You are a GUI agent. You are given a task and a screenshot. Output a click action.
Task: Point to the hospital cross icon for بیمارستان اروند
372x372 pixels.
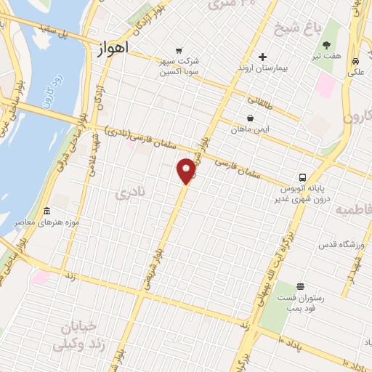262,57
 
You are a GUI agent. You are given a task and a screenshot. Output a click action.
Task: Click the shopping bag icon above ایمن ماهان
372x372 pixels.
250,118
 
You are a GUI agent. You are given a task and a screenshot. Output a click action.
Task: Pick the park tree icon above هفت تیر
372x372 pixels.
335,45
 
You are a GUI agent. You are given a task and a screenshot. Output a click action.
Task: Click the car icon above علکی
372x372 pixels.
355,61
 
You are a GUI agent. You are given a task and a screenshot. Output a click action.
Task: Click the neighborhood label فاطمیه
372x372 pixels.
353,210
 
